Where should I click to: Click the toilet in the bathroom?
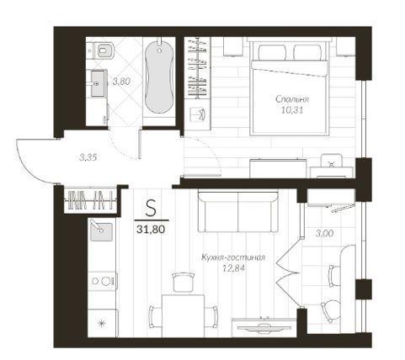point(104,50)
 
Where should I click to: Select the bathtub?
point(159,77)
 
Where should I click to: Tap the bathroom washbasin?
point(99,83)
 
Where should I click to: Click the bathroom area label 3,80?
point(121,82)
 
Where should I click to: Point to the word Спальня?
point(292,99)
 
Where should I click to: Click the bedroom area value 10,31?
point(292,110)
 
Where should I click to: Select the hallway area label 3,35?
point(88,157)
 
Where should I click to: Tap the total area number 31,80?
point(151,230)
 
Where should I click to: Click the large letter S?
point(151,209)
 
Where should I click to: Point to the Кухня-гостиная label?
point(233,257)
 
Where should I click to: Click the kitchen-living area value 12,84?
point(233,268)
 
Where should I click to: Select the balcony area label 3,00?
point(325,233)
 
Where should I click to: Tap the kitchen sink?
point(101,230)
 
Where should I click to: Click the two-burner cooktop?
point(102,281)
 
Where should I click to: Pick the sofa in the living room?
point(238,211)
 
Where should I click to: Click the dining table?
point(183,315)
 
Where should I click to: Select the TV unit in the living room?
point(264,327)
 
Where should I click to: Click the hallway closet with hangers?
point(91,199)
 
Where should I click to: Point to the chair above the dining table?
point(183,282)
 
